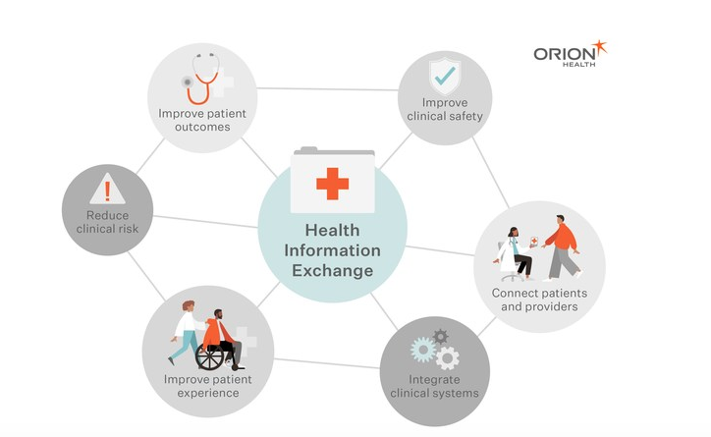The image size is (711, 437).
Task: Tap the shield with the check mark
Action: pyautogui.click(x=445, y=77)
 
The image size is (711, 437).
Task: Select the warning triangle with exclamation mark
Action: pyautogui.click(x=107, y=189)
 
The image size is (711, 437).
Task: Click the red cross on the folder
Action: pyautogui.click(x=332, y=184)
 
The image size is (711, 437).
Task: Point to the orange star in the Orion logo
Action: pyautogui.click(x=599, y=47)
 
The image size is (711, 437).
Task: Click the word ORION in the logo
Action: pyautogui.click(x=565, y=54)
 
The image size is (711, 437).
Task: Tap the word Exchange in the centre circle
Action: pyautogui.click(x=332, y=271)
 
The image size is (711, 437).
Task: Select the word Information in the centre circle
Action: pyautogui.click(x=332, y=250)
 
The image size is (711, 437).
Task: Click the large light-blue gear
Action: pyautogui.click(x=423, y=350)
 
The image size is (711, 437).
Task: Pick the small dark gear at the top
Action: pyautogui.click(x=440, y=337)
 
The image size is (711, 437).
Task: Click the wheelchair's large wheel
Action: pyautogui.click(x=209, y=357)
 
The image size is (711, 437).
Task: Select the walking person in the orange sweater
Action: pyautogui.click(x=562, y=247)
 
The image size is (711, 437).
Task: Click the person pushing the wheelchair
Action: pyautogui.click(x=186, y=332)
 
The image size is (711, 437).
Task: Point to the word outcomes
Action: pyautogui.click(x=202, y=127)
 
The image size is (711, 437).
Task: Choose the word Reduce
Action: pyautogui.click(x=107, y=215)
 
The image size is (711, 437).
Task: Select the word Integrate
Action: pyautogui.click(x=434, y=379)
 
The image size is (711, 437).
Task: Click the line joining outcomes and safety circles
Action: pyautogui.click(x=327, y=88)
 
